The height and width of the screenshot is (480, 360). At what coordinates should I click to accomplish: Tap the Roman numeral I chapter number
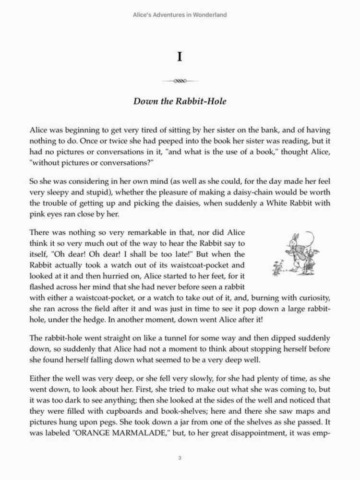[x=180, y=57]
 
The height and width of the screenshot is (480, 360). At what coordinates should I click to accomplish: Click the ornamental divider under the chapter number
[x=180, y=81]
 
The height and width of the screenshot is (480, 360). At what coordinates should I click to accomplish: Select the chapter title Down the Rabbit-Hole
[x=180, y=101]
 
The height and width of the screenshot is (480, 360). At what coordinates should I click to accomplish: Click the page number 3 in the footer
[x=180, y=458]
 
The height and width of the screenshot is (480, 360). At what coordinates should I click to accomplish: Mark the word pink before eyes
[x=37, y=214]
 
